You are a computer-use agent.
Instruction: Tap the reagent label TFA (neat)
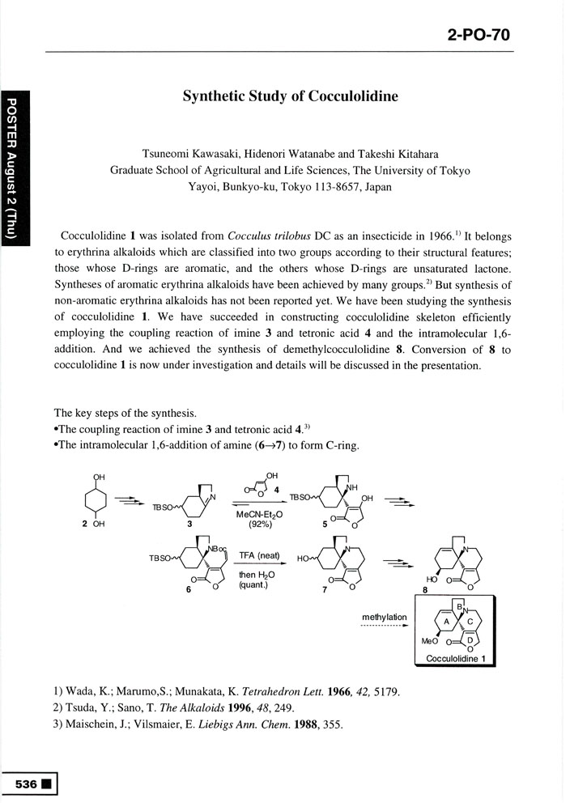coord(259,555)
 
